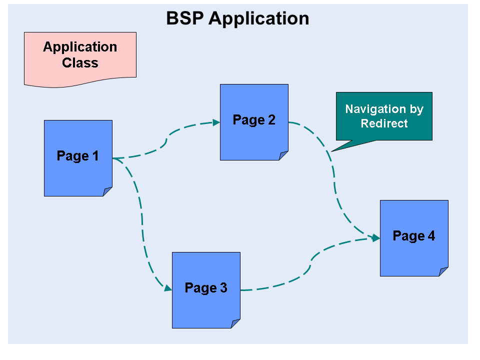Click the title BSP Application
237,18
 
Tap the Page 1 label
77,156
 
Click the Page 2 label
254,120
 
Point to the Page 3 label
205,288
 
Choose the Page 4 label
413,236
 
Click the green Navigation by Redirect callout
384,116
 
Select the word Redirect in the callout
384,123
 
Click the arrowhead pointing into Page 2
216,122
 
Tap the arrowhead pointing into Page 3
168,288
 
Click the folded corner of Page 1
107,191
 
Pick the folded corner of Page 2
283,155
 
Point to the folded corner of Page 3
235,323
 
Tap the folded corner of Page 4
443,271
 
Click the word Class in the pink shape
80,63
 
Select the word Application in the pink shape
80,47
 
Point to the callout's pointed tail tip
332,151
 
